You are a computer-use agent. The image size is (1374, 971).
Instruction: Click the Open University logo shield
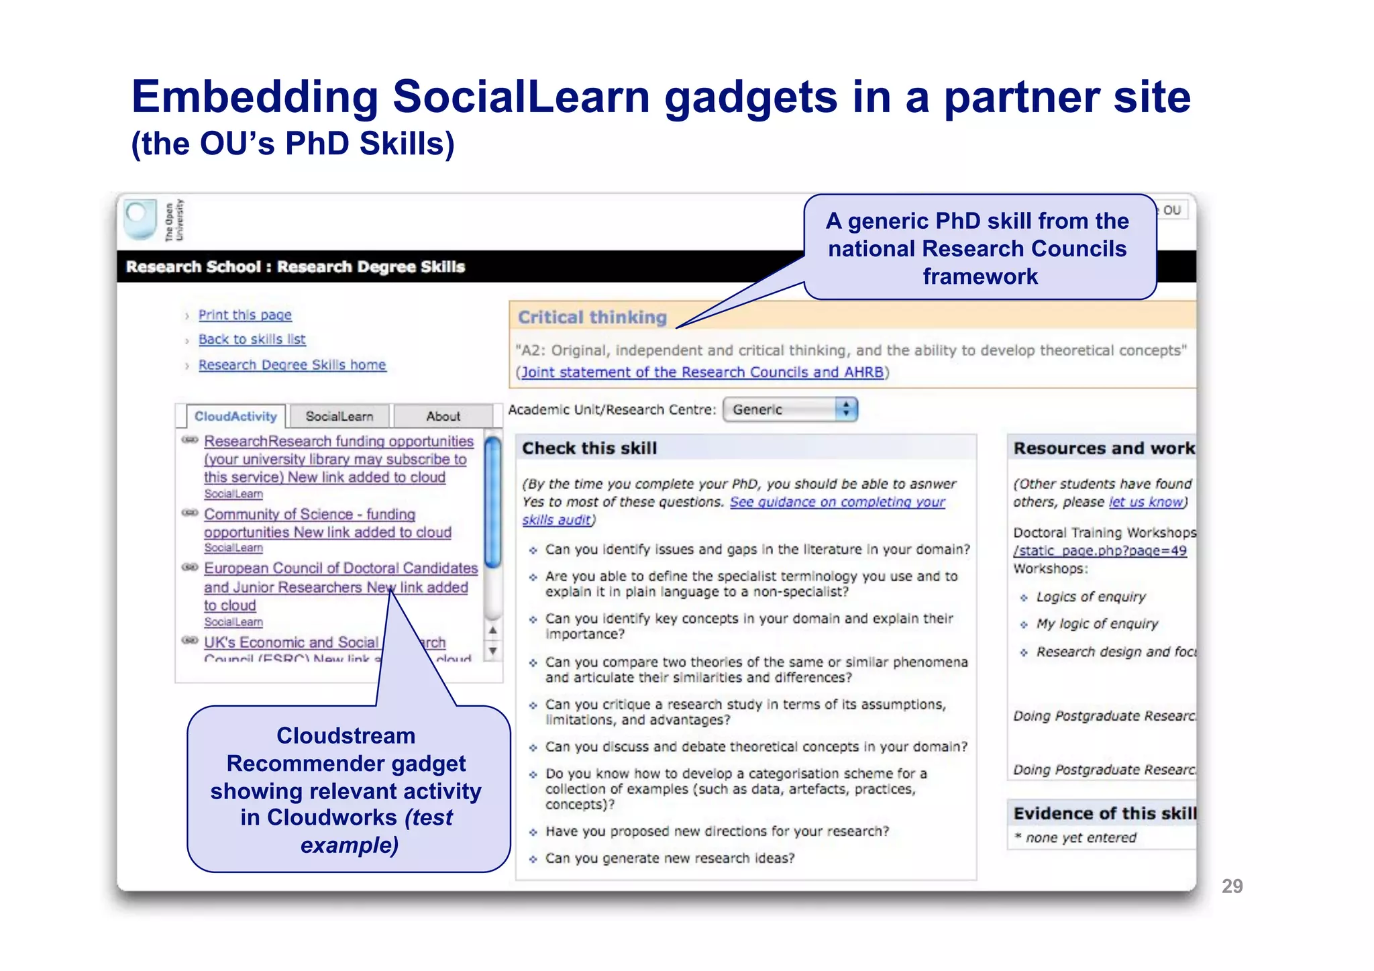point(141,219)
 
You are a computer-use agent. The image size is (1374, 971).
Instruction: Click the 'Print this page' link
point(245,315)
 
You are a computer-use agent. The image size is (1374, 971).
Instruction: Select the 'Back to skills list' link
point(252,340)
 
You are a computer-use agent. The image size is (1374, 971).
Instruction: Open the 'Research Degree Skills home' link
point(292,365)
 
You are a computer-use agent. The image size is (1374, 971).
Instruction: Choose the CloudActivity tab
point(235,416)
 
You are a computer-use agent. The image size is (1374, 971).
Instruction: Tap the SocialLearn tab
point(339,416)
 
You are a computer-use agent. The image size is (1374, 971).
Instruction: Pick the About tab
point(443,416)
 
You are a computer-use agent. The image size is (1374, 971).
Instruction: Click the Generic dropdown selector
point(790,409)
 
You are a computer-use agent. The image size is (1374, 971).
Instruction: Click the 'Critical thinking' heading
point(592,317)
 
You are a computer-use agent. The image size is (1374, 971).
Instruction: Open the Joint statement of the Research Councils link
point(702,372)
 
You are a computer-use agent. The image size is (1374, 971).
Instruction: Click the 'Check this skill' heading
point(589,448)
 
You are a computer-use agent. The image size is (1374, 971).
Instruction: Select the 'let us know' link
point(1145,502)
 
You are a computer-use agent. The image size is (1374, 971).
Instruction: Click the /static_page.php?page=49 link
point(1100,551)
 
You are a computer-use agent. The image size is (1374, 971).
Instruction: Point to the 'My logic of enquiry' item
point(1097,624)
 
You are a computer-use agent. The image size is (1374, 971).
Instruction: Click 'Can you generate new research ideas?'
point(670,858)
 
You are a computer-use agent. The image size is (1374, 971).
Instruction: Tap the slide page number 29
point(1232,886)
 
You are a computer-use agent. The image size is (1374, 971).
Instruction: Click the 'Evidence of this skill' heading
point(1104,814)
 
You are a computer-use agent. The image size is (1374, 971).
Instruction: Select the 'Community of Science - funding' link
point(309,514)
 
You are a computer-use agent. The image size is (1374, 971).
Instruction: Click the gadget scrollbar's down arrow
point(493,651)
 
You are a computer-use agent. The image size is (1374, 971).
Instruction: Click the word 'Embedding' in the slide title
point(255,97)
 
